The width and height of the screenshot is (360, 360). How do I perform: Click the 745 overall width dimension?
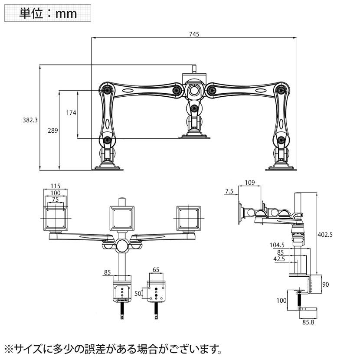pyautogui.click(x=194, y=34)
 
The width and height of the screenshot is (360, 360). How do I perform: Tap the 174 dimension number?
pyautogui.click(x=71, y=113)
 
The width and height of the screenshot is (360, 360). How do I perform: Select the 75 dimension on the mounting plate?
pyautogui.click(x=55, y=199)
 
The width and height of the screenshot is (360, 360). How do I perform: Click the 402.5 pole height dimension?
pyautogui.click(x=326, y=234)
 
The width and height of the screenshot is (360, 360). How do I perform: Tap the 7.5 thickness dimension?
pyautogui.click(x=229, y=191)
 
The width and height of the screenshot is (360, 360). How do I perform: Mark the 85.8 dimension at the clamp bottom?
pyautogui.click(x=308, y=322)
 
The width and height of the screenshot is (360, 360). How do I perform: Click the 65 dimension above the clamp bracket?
pyautogui.click(x=156, y=270)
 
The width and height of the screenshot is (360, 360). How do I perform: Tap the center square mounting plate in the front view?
pyautogui.click(x=122, y=218)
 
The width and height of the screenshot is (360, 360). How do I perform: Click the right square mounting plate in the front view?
pyautogui.click(x=189, y=218)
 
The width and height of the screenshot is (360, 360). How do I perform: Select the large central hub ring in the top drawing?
pyautogui.click(x=193, y=91)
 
